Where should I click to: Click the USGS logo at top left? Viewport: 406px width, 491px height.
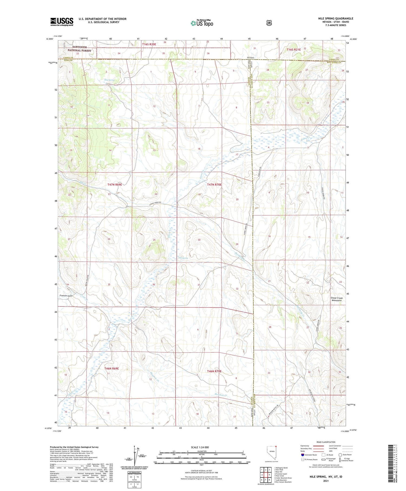click(62, 22)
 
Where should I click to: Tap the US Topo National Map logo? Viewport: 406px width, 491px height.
click(202, 23)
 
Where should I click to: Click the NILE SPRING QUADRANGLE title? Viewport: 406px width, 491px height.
click(335, 18)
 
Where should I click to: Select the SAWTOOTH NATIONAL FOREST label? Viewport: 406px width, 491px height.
click(79, 49)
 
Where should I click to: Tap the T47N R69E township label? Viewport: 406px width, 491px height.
click(115, 184)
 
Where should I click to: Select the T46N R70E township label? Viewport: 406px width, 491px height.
click(214, 371)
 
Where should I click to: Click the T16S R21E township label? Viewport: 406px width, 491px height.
click(294, 50)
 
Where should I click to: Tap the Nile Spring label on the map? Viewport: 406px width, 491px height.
click(183, 258)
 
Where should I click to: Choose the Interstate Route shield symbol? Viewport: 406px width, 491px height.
click(302, 455)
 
